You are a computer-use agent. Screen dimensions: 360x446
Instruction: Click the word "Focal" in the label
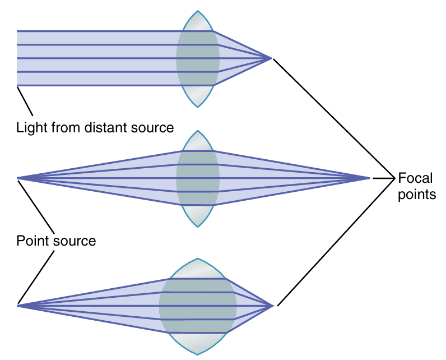pos(415,178)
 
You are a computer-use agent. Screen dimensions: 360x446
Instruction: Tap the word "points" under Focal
pos(415,195)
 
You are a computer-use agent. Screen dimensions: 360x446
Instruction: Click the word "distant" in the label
pos(106,128)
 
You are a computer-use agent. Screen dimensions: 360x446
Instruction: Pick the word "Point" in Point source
pos(32,242)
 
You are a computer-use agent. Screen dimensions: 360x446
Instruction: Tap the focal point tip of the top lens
pos(272,58)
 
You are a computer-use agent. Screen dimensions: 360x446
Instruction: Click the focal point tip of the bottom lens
pos(273,306)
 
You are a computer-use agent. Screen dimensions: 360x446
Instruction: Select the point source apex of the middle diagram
pos(17,178)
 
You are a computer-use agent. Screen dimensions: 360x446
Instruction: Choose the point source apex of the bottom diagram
pos(17,306)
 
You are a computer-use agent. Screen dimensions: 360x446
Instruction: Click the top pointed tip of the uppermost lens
pos(197,11)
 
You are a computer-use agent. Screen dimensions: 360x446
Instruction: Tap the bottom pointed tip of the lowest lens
pos(198,354)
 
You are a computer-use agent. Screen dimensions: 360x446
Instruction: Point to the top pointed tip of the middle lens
pos(197,131)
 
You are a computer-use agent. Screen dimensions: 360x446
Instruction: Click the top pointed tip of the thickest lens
pos(198,259)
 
